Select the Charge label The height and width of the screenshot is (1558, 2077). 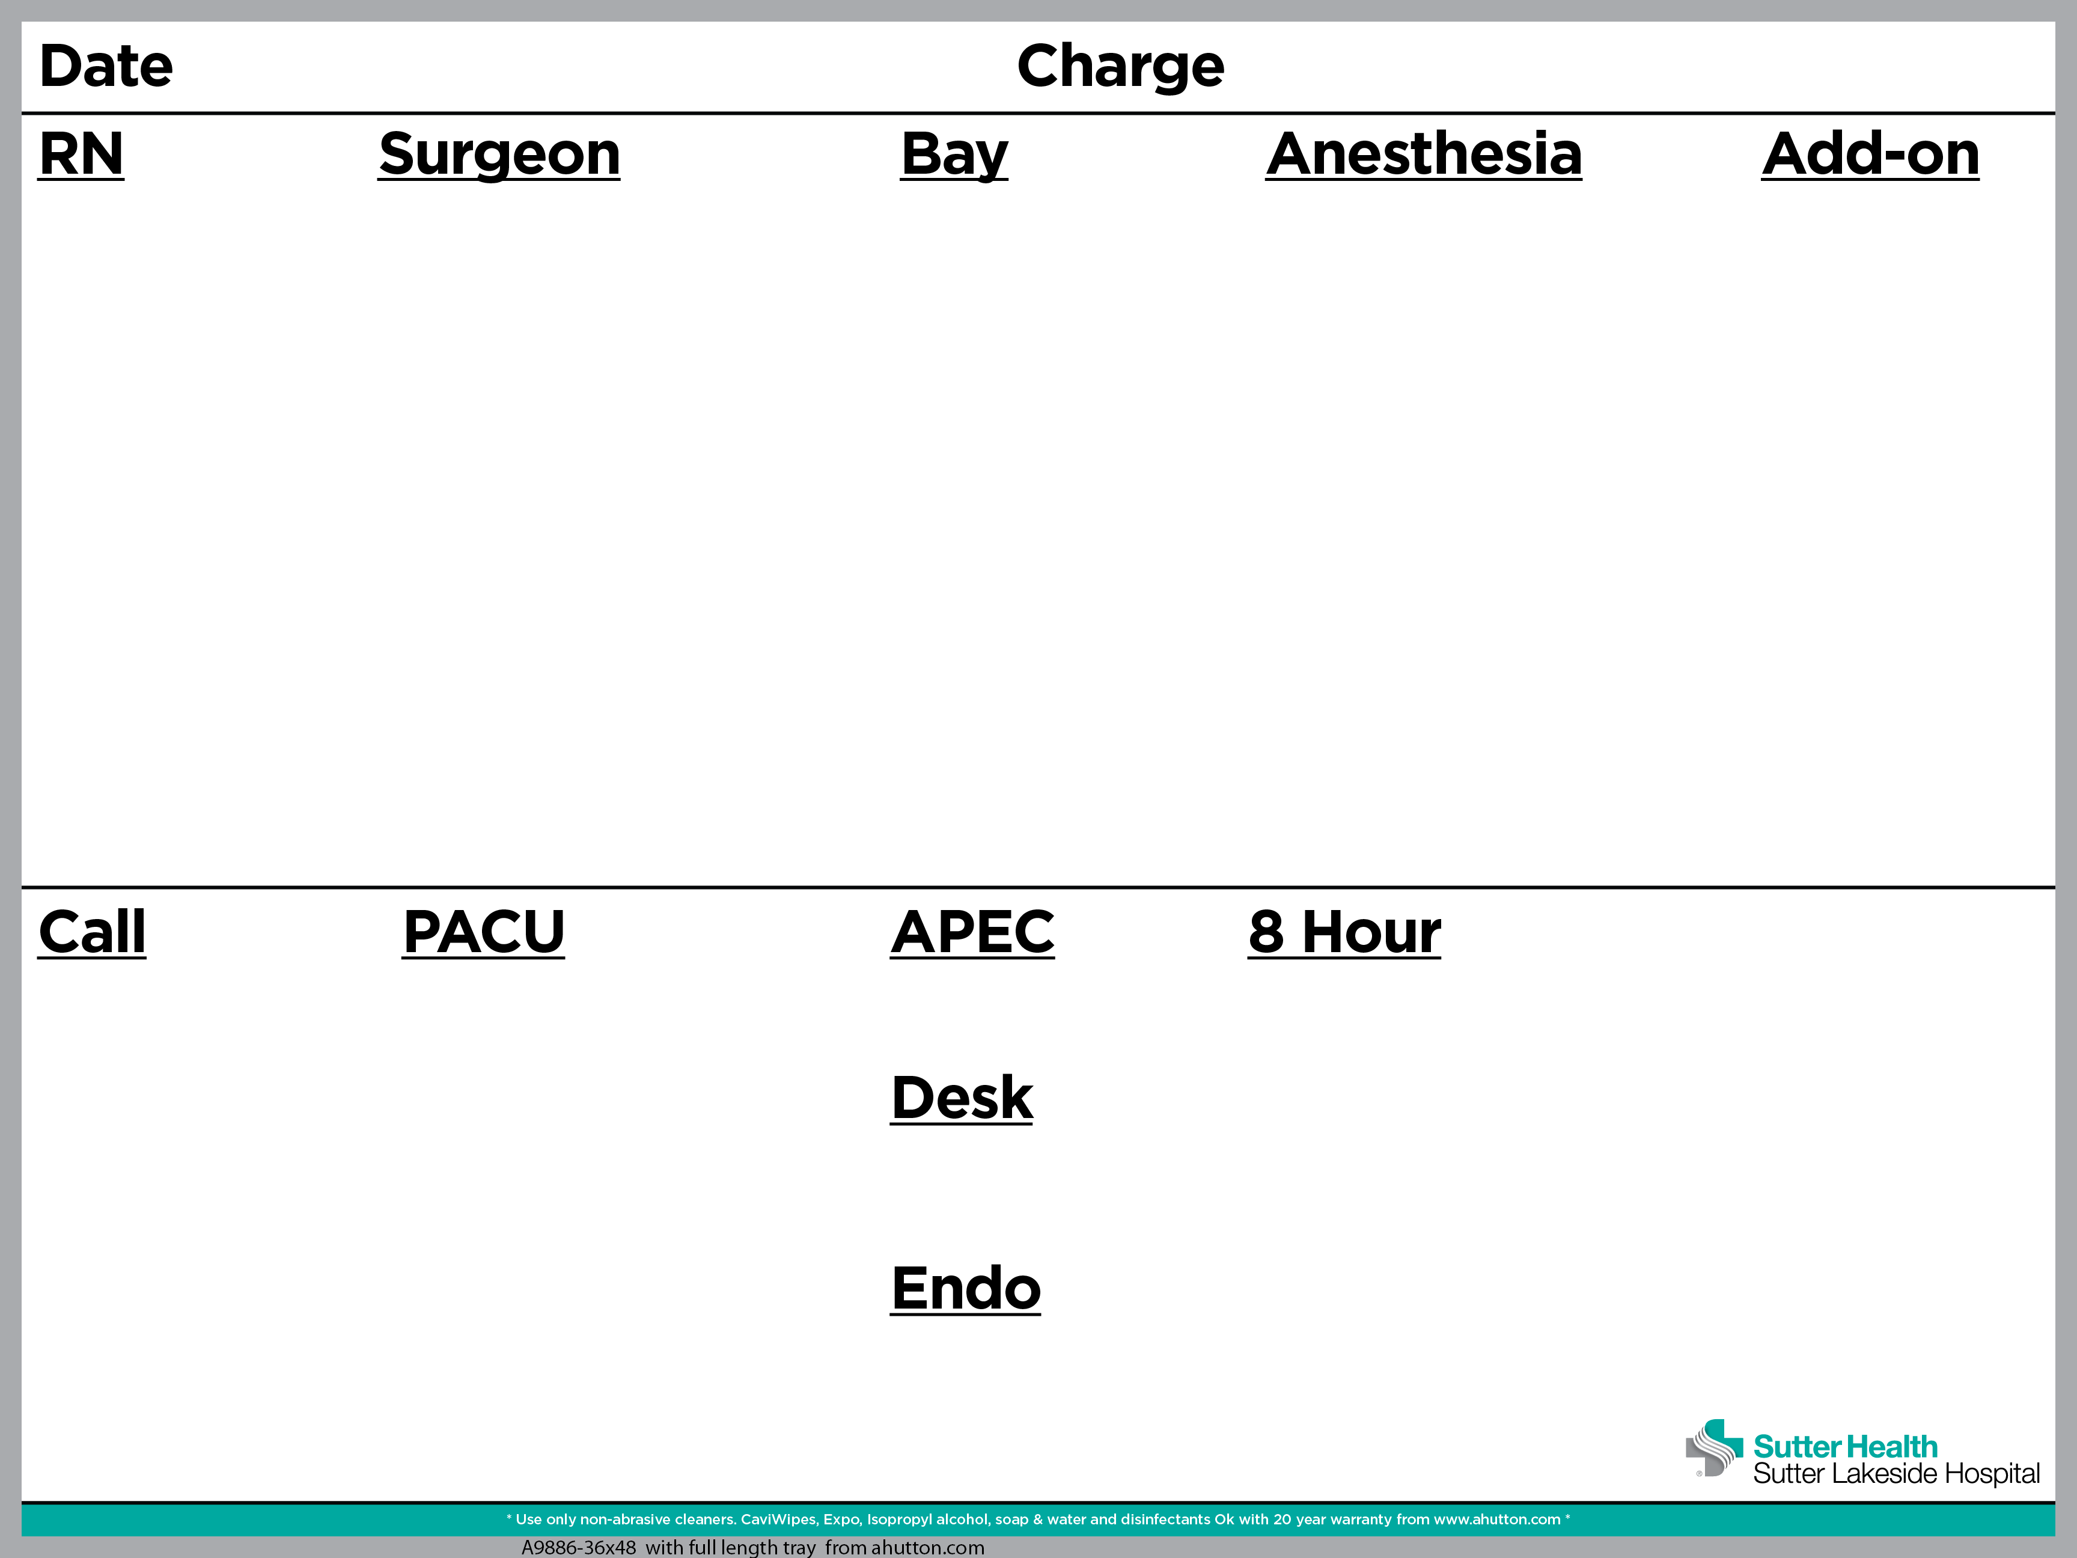coord(1120,67)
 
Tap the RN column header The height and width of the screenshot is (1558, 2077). coord(82,153)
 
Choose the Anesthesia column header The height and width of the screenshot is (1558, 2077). coord(1424,153)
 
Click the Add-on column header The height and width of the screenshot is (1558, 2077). coord(1870,153)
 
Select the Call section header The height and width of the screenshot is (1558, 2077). coord(92,932)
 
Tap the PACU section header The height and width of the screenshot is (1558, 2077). coord(484,932)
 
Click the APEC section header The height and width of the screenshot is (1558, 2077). coord(973,932)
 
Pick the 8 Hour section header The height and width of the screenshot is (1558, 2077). coord(1344,932)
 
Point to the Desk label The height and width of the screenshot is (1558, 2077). coord(962,1097)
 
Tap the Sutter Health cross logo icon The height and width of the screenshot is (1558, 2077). coord(1713,1448)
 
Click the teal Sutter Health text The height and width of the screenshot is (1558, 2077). coord(1845,1446)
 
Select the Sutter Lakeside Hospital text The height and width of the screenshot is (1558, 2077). coord(1896,1473)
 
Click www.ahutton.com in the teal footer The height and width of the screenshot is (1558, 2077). coord(1496,1518)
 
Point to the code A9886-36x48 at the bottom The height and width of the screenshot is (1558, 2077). coord(578,1547)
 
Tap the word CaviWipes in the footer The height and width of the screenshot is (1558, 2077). coord(778,1518)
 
